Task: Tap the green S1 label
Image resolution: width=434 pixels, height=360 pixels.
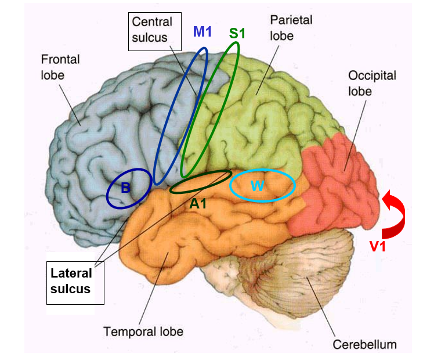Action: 237,33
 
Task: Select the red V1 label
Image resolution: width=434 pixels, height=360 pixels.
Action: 379,246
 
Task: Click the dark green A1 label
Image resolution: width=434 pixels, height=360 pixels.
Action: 198,203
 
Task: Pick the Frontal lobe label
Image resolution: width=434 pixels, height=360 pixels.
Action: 60,67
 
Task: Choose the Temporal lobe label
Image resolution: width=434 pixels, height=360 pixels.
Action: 143,332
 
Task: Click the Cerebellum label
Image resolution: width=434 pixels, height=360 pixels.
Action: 364,344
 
